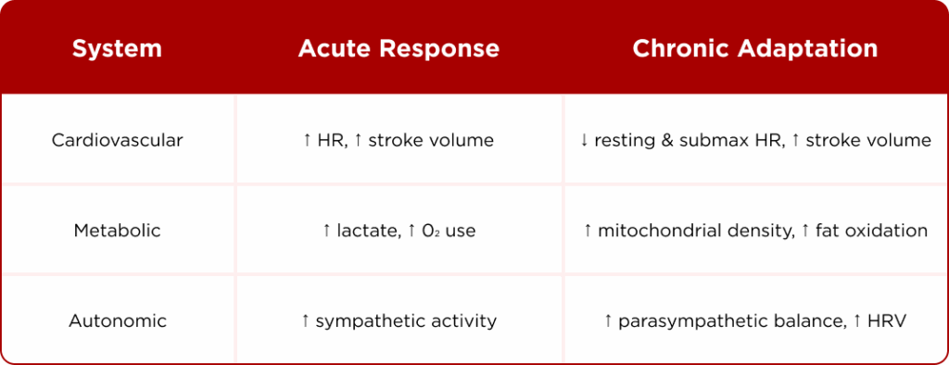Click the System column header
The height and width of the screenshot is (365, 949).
pyautogui.click(x=117, y=49)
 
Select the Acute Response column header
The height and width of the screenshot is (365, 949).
pyautogui.click(x=399, y=49)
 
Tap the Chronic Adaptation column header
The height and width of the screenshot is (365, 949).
pyautogui.click(x=755, y=49)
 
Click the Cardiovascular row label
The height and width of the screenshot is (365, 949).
pyautogui.click(x=118, y=141)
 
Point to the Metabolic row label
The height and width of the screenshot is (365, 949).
pyautogui.click(x=118, y=231)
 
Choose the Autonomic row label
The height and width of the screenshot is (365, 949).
pyautogui.click(x=118, y=321)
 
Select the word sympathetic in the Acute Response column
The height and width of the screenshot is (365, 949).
pyautogui.click(x=367, y=321)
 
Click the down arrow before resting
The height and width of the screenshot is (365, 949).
pyautogui.click(x=584, y=141)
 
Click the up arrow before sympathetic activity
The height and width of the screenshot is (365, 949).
pyautogui.click(x=306, y=321)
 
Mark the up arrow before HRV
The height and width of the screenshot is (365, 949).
pyautogui.click(x=858, y=321)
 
